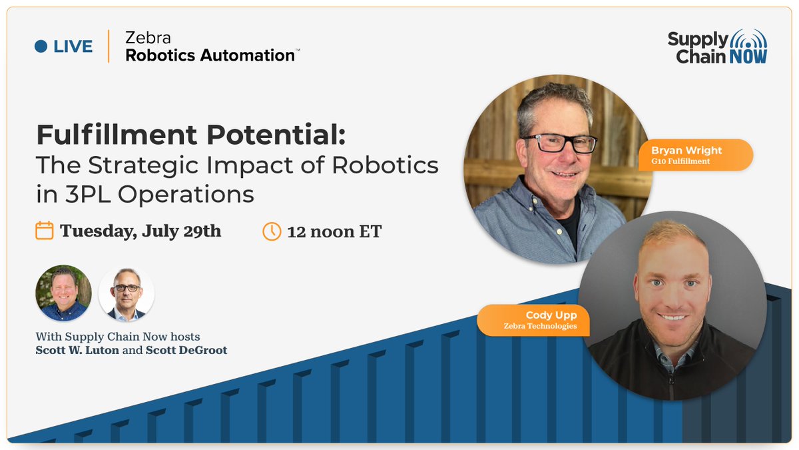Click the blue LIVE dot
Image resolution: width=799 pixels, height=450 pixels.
(x=41, y=47)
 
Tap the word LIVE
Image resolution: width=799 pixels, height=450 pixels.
(x=73, y=47)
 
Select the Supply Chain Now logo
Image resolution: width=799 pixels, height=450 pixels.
(x=717, y=47)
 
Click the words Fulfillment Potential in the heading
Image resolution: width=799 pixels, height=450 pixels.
(x=190, y=135)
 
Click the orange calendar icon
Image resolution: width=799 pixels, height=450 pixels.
(x=44, y=231)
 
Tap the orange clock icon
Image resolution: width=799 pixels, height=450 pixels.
(x=272, y=231)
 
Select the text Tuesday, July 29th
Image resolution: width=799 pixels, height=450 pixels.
(x=140, y=231)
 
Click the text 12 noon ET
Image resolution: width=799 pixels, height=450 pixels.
(x=334, y=232)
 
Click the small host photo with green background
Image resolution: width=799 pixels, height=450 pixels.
(x=63, y=293)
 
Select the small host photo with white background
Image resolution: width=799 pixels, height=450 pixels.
(x=127, y=293)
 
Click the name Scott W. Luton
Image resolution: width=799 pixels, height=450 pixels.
(x=77, y=350)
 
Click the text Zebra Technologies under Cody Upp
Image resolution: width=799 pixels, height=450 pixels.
(x=540, y=326)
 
